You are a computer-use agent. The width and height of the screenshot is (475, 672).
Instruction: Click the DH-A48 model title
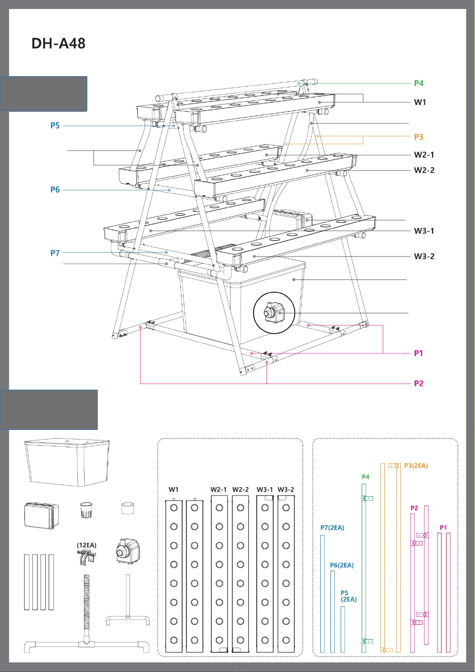coord(58,43)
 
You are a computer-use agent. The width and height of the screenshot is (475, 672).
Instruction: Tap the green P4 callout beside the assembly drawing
coord(418,83)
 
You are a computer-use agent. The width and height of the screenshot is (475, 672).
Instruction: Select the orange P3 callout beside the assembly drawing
coord(418,137)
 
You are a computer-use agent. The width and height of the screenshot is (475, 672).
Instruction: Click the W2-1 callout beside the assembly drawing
coord(424,155)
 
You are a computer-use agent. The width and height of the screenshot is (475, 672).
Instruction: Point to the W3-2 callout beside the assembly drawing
coord(424,256)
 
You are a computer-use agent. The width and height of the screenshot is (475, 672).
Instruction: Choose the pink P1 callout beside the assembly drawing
coord(418,353)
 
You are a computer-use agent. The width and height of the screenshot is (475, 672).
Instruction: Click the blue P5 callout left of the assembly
coord(55,126)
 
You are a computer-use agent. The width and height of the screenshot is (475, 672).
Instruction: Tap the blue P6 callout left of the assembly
coord(55,190)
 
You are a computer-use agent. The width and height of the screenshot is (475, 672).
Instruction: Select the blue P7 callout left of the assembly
coord(55,253)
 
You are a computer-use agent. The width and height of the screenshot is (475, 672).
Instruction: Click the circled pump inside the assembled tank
coord(274,312)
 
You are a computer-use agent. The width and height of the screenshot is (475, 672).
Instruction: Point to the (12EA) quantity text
coord(87,545)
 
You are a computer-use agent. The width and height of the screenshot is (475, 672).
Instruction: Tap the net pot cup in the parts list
coord(86,510)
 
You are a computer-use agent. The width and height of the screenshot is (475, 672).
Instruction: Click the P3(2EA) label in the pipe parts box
coord(416,465)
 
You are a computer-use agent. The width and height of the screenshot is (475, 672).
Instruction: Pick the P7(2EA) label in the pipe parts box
coord(332,528)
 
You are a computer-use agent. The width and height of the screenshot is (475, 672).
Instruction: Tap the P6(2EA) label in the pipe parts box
coord(342,565)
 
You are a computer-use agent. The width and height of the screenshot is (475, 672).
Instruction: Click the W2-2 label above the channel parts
coord(240,489)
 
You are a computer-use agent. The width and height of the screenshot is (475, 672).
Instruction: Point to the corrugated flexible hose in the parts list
coord(87,602)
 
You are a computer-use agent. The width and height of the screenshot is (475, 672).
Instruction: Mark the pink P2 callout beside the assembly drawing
coord(418,383)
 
